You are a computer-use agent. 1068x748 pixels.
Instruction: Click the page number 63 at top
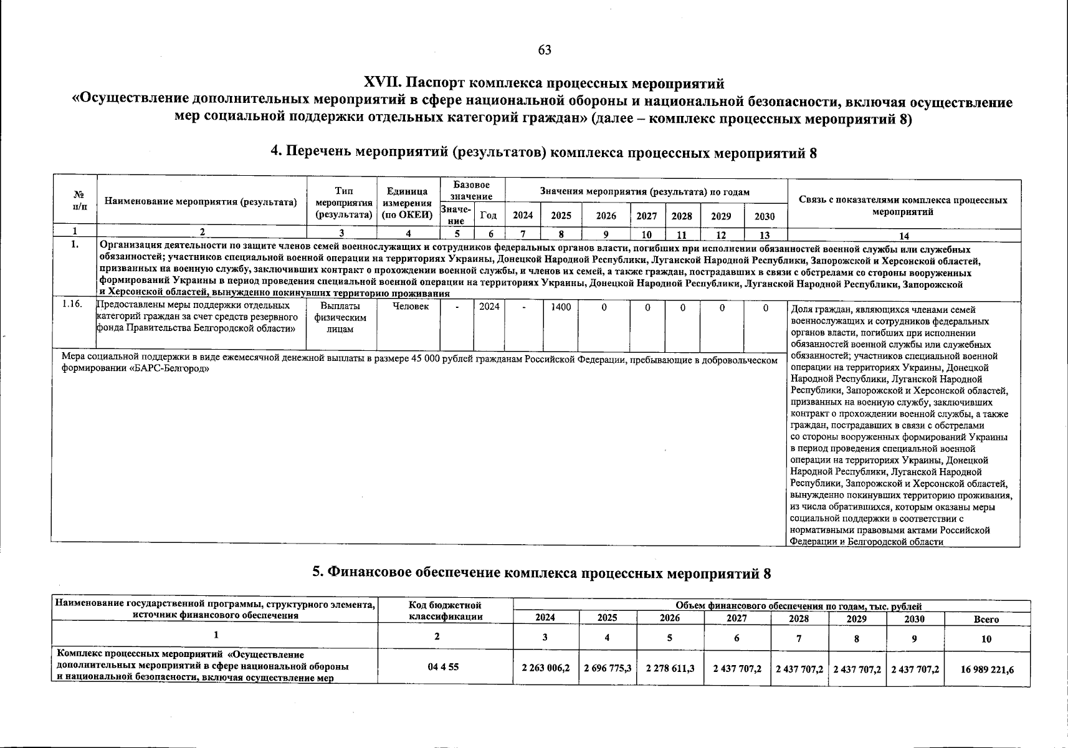(544, 50)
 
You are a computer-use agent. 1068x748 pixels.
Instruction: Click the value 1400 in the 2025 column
(561, 307)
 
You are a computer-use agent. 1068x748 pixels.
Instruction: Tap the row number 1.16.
(73, 305)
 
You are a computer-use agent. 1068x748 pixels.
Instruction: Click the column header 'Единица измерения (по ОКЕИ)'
(408, 203)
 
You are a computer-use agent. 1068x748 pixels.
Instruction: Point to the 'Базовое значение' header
(472, 191)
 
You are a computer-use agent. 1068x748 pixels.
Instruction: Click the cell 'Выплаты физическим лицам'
(340, 317)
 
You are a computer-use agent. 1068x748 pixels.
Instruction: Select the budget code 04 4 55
(444, 667)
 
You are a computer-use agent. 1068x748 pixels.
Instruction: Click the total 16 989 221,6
(987, 669)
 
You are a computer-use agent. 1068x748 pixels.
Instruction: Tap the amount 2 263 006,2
(546, 668)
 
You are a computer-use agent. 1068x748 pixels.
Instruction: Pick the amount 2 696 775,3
(608, 668)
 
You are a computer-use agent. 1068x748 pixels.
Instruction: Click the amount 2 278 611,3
(670, 668)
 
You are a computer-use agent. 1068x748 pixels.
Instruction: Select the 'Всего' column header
(986, 620)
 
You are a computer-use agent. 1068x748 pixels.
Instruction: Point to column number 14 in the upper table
(904, 236)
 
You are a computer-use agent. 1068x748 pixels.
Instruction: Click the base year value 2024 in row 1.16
(489, 307)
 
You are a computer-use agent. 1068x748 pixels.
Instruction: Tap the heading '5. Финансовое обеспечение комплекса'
(541, 573)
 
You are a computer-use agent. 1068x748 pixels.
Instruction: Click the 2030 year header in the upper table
(765, 216)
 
